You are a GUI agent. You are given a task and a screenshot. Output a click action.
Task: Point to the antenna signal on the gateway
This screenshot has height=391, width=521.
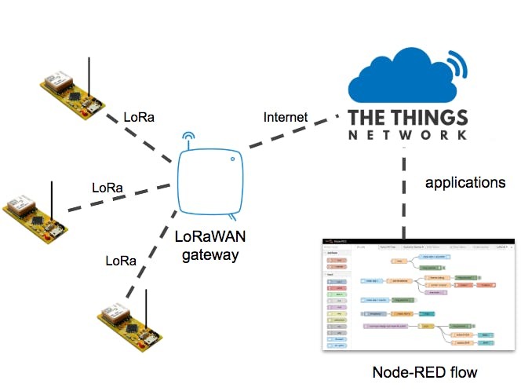[x=188, y=139]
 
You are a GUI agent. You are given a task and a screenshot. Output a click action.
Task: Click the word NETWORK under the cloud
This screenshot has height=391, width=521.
[x=409, y=136]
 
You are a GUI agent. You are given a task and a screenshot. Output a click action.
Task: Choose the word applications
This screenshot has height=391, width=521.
[x=465, y=183]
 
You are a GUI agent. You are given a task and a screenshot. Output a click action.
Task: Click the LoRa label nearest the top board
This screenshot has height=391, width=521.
[x=139, y=118]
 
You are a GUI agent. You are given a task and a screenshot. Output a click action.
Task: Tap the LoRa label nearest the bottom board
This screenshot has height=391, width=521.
[x=121, y=260]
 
